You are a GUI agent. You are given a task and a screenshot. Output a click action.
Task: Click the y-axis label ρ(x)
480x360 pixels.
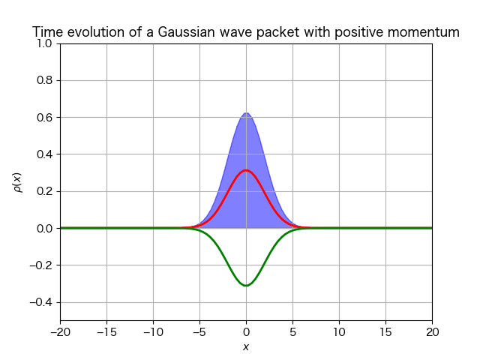point(18,183)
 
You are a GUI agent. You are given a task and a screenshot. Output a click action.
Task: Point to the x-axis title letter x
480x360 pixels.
point(246,346)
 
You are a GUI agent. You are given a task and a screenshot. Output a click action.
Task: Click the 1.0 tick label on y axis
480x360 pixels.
point(44,43)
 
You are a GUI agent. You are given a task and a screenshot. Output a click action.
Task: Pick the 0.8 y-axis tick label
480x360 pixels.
point(44,80)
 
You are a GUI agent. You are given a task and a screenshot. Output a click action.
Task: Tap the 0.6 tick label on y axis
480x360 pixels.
point(44,118)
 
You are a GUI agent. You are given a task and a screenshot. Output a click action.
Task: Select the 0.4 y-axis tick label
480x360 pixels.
point(44,154)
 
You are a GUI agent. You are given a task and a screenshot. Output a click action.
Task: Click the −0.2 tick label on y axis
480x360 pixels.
point(41,265)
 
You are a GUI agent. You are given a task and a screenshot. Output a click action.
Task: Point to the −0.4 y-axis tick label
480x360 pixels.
point(41,302)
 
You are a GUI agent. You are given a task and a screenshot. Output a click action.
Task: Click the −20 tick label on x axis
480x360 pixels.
point(60,332)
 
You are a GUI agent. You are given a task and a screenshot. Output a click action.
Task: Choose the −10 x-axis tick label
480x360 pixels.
point(153,332)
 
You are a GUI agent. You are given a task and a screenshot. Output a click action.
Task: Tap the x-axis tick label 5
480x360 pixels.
point(292,332)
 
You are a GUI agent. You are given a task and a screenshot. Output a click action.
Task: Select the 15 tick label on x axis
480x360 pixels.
point(385,332)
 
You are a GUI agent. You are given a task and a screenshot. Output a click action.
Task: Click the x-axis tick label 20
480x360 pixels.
point(432,332)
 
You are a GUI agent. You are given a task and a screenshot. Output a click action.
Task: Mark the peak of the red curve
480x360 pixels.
point(246,170)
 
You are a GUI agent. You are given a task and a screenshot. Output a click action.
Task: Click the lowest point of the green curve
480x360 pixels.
point(246,286)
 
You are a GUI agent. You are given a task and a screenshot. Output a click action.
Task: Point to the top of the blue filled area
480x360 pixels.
point(246,112)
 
